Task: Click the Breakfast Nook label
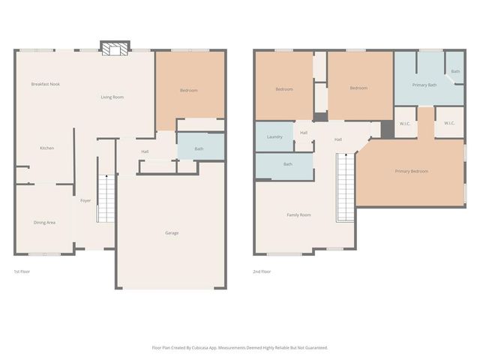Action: click(45, 84)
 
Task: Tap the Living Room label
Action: click(112, 97)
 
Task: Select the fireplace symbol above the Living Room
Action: click(115, 49)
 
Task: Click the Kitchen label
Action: click(46, 148)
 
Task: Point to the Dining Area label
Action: click(44, 222)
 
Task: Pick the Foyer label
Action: click(86, 201)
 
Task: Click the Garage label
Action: click(172, 232)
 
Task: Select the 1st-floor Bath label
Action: click(199, 148)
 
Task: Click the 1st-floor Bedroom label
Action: click(189, 91)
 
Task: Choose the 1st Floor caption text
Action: click(22, 271)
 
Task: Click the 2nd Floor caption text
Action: click(262, 271)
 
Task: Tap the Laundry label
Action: click(274, 136)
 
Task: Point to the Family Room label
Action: click(298, 215)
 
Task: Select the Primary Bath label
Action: click(424, 85)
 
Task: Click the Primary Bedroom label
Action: click(411, 171)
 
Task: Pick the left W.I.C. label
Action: click(404, 123)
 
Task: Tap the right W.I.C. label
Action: click(449, 123)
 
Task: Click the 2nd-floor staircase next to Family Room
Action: click(345, 187)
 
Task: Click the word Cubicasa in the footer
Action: click(214, 347)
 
